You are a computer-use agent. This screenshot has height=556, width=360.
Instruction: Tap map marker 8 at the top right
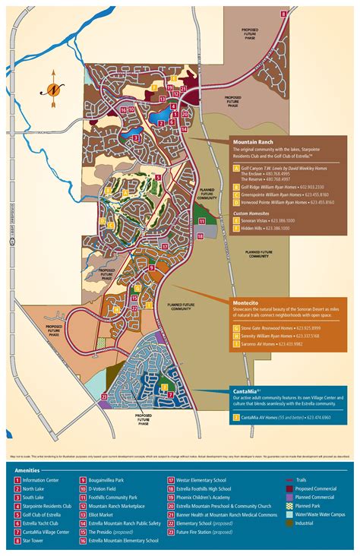284,13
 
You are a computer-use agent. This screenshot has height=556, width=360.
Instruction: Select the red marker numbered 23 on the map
104,396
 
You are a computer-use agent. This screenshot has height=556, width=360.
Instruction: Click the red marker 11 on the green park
202,220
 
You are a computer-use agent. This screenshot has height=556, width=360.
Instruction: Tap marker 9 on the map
151,267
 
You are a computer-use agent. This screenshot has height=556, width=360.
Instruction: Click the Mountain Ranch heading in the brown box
253,142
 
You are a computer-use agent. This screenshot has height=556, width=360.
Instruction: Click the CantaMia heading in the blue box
248,390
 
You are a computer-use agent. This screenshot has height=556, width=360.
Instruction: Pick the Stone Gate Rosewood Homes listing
270,327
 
